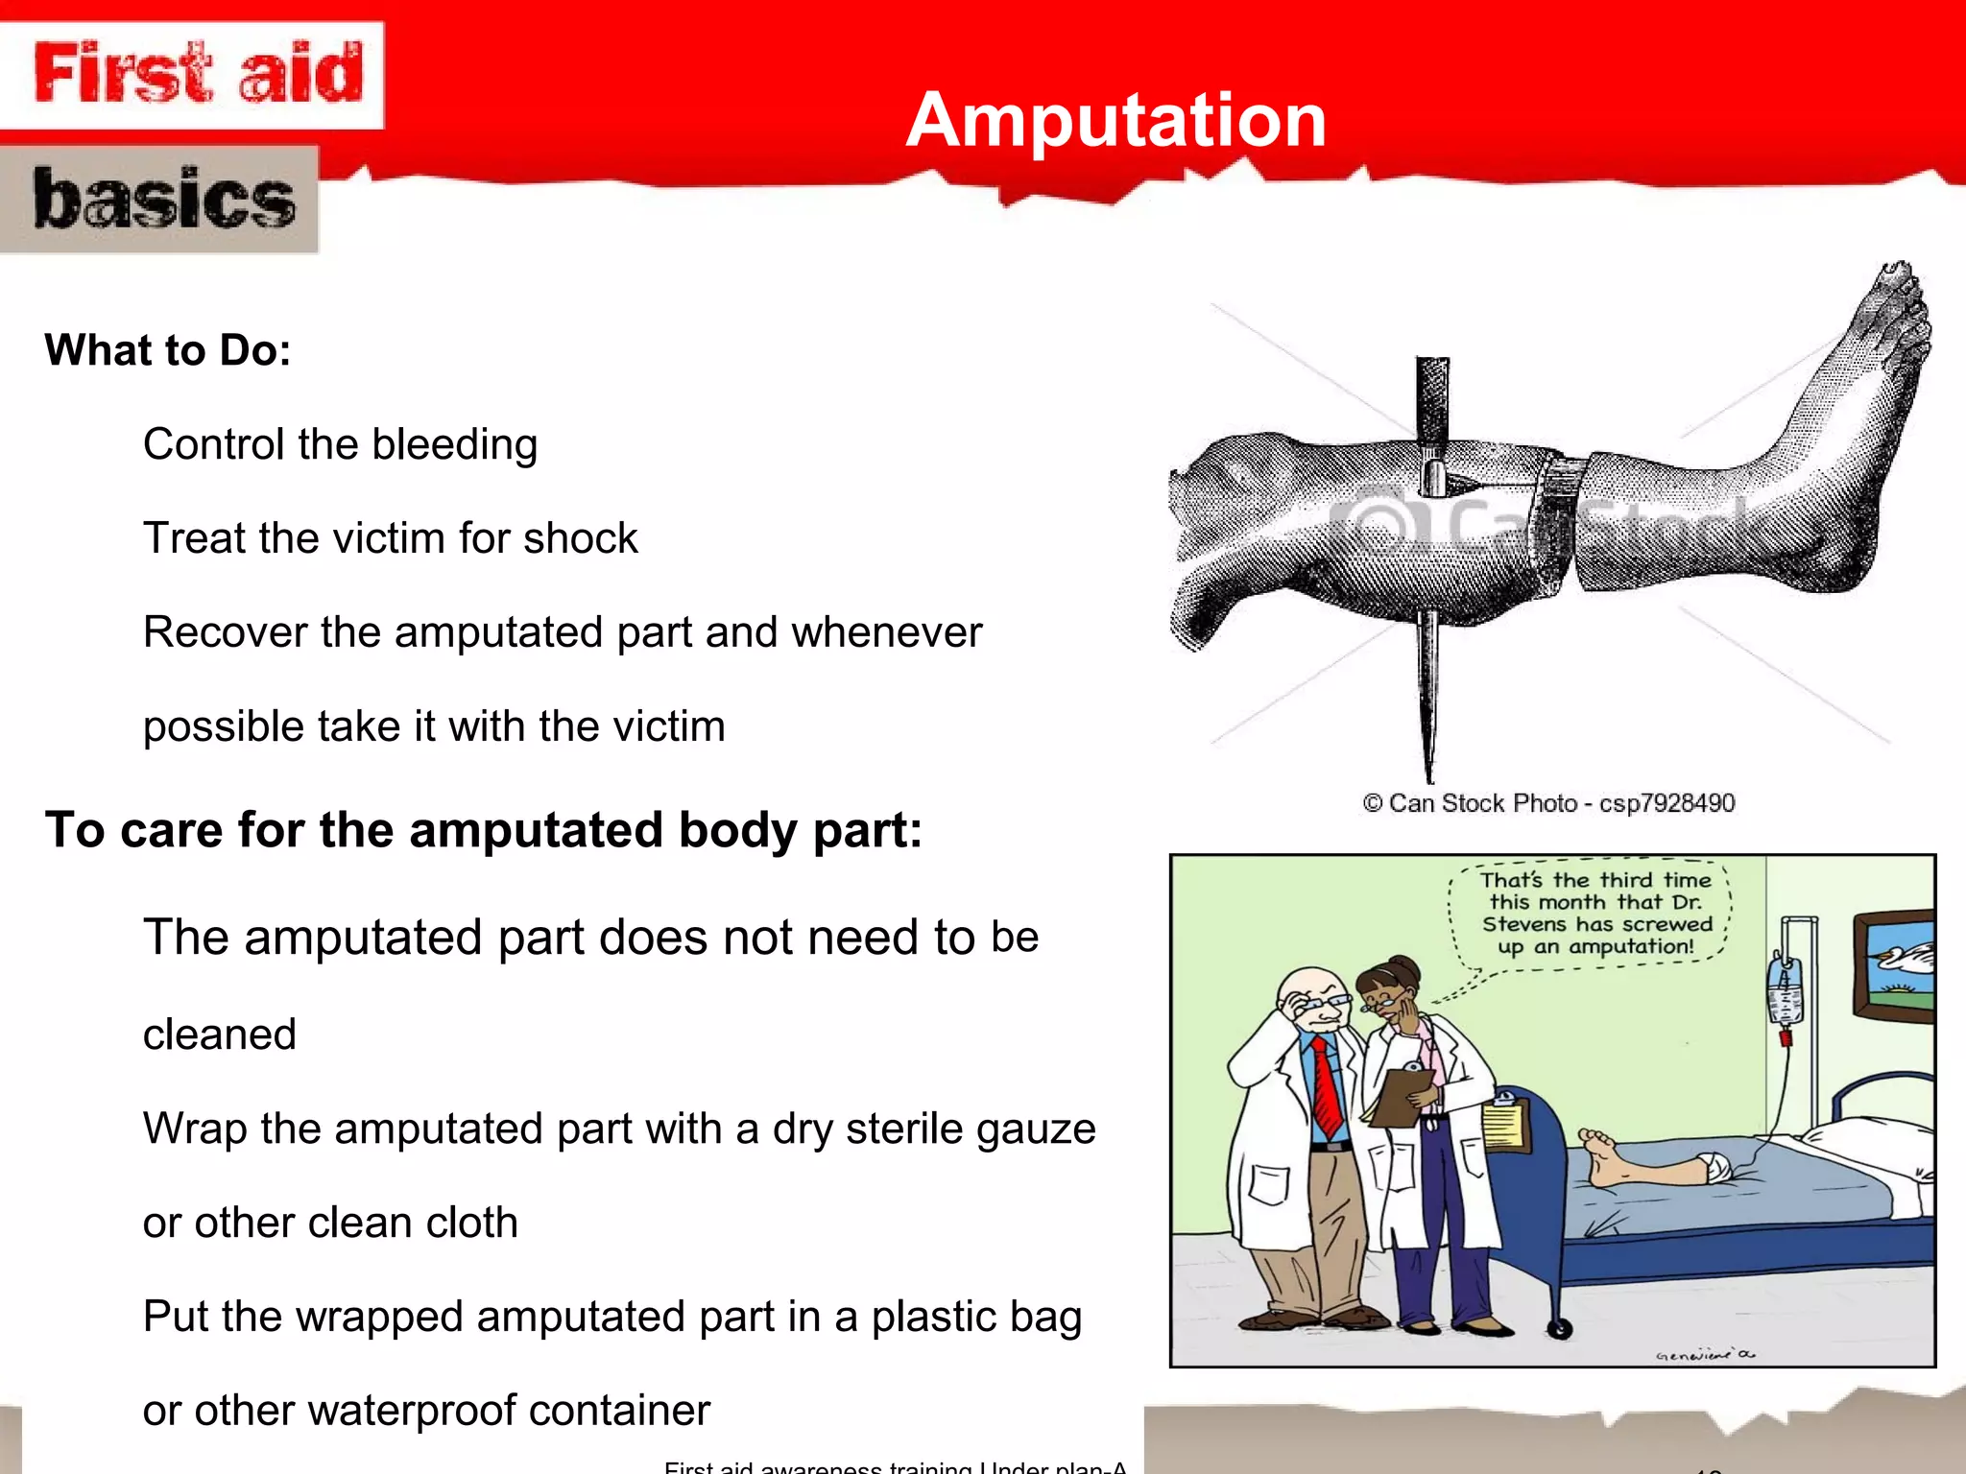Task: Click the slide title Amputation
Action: click(x=1115, y=120)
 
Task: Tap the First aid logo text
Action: click(x=199, y=73)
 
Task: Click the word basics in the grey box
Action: click(x=163, y=199)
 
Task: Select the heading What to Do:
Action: click(x=168, y=350)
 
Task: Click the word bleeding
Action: click(x=454, y=445)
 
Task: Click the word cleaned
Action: click(x=219, y=1034)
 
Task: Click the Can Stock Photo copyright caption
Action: click(x=1548, y=803)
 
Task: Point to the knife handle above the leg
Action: click(x=1432, y=403)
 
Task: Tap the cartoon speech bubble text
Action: click(x=1595, y=914)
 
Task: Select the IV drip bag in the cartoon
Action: click(x=1785, y=993)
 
